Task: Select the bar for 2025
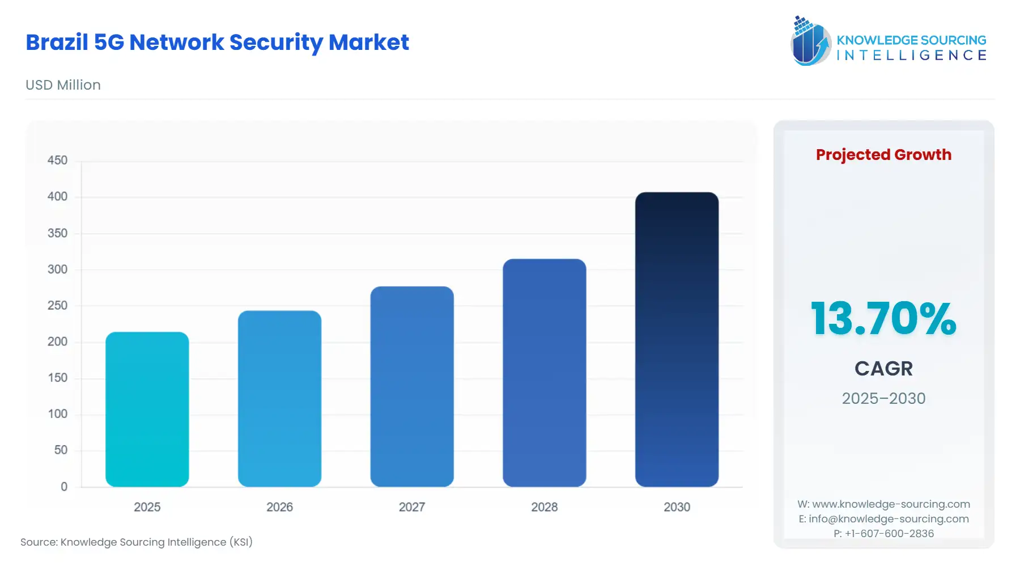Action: click(147, 409)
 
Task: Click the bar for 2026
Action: click(279, 398)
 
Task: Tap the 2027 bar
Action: click(412, 386)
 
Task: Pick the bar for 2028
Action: click(544, 373)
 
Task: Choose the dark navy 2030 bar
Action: click(677, 339)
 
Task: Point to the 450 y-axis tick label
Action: click(57, 161)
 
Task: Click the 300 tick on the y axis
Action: click(57, 269)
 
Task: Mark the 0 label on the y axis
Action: click(64, 487)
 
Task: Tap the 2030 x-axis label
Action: click(677, 507)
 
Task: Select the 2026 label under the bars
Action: click(279, 507)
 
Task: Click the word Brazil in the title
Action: click(57, 43)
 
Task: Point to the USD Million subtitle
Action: click(63, 85)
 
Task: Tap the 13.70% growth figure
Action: click(883, 319)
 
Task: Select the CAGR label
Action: click(883, 369)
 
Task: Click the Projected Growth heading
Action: click(883, 155)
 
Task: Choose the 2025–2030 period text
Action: click(883, 399)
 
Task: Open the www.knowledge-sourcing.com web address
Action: click(891, 504)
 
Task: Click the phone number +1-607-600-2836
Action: click(889, 534)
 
